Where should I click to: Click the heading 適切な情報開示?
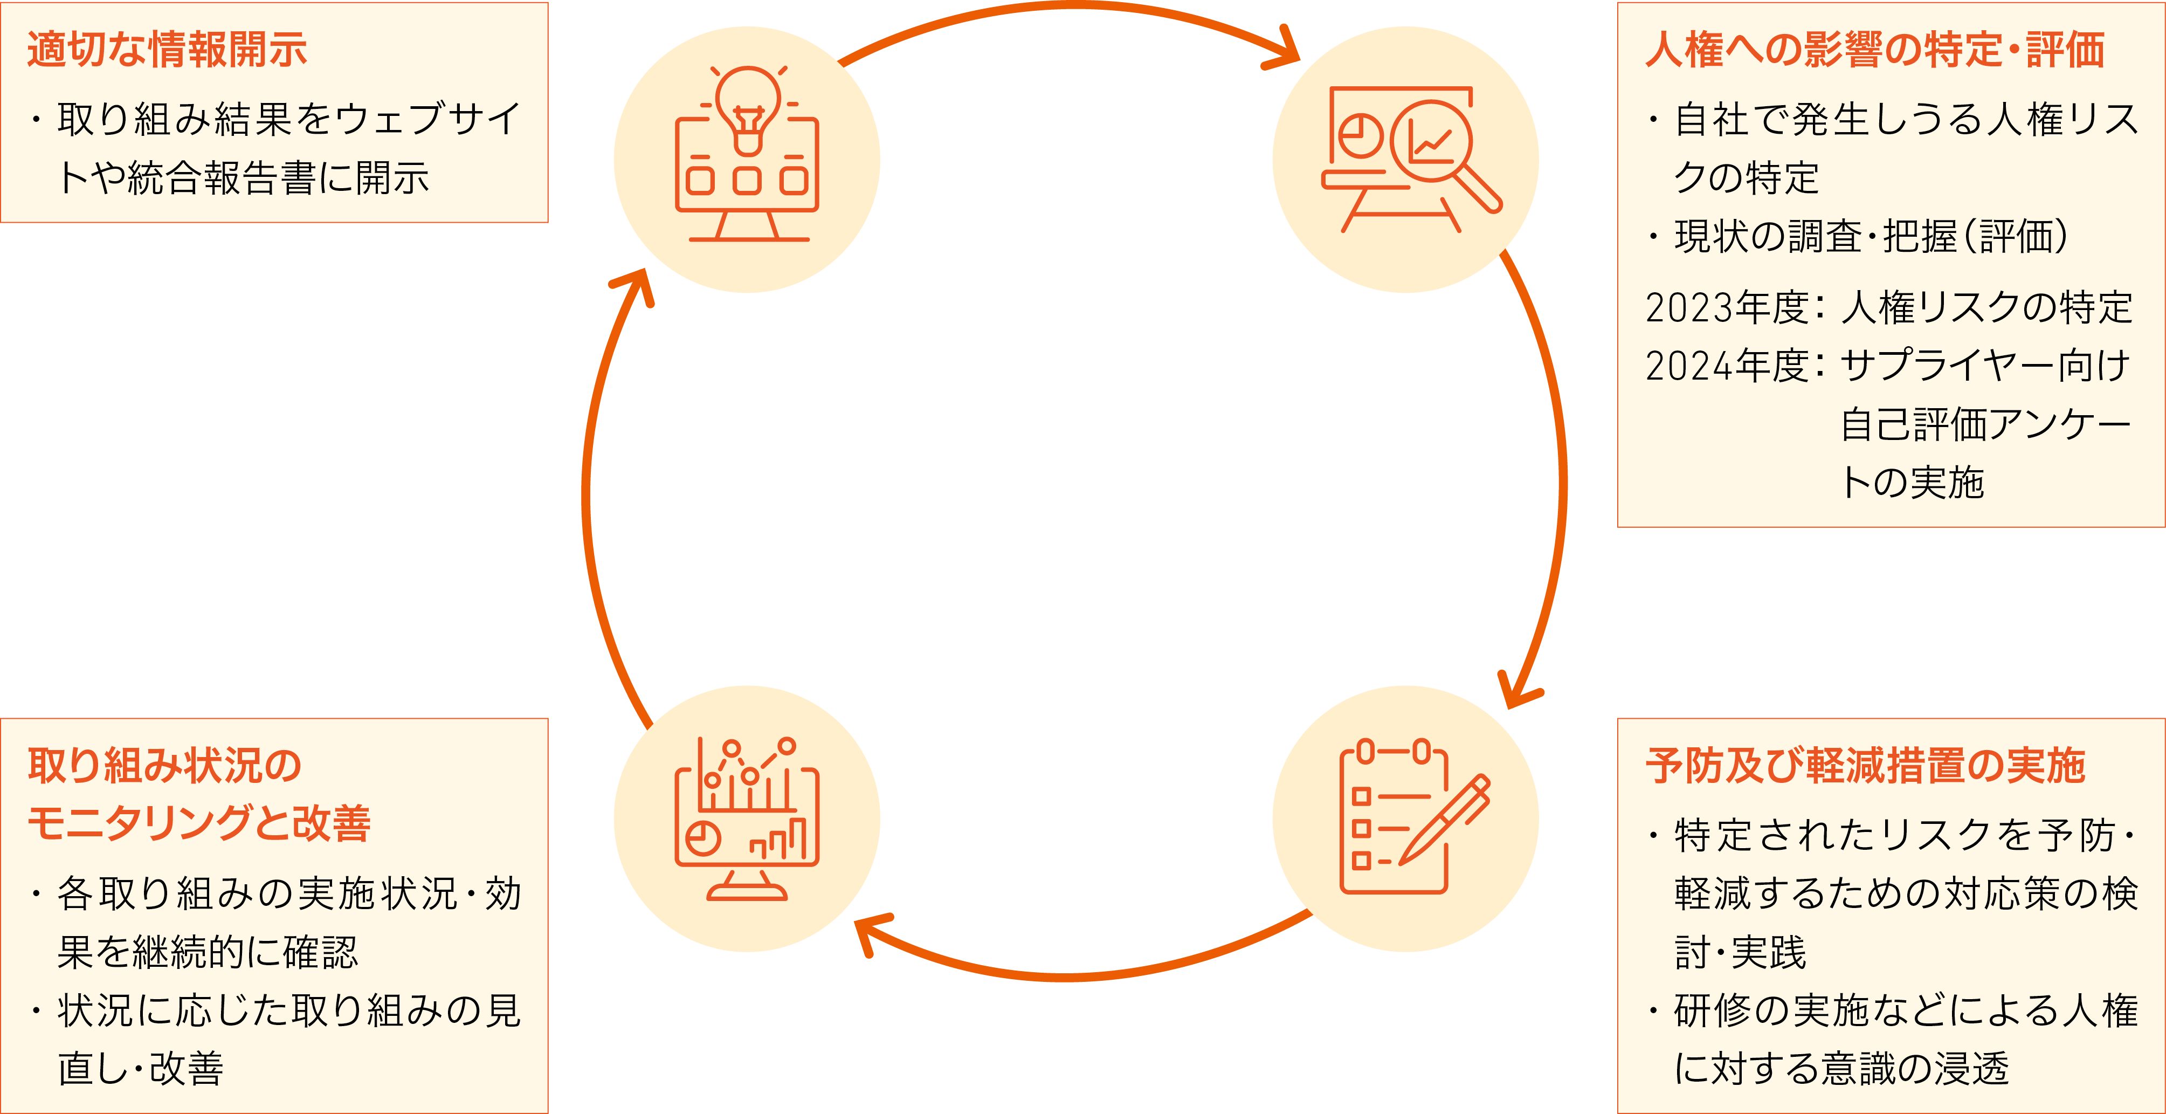point(167,50)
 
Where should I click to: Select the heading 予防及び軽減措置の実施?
point(1865,766)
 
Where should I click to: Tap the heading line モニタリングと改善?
point(199,823)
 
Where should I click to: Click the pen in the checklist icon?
point(1445,820)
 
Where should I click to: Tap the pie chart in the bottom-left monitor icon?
point(703,838)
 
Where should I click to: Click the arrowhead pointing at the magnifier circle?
point(1285,52)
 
